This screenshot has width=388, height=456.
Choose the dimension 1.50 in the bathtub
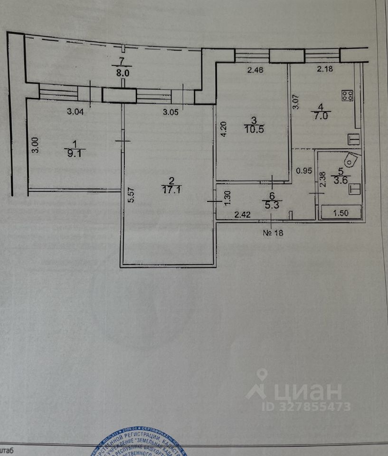pos(341,213)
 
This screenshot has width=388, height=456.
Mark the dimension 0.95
pos(303,171)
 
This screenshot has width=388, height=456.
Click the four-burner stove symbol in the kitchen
pos(347,95)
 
